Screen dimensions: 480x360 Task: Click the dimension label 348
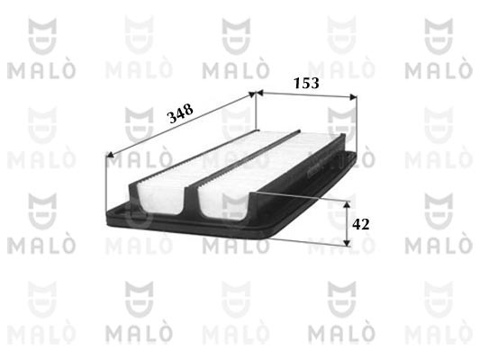point(180,112)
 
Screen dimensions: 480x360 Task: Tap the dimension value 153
point(306,83)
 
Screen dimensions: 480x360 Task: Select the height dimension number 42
point(360,224)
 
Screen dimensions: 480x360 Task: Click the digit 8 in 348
point(188,109)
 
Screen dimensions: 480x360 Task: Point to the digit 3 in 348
point(172,118)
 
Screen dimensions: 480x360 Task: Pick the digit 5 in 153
point(306,83)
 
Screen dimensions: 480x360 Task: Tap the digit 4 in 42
point(357,224)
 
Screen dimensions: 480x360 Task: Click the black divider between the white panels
point(243,161)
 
